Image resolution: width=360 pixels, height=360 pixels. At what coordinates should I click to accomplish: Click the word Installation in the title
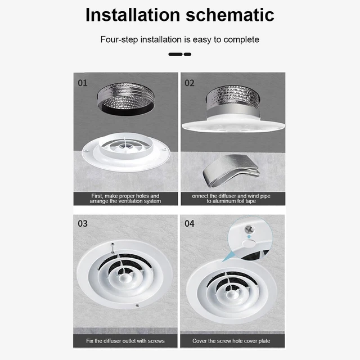[132, 15]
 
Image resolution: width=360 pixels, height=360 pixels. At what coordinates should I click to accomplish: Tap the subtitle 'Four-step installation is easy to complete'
[179, 39]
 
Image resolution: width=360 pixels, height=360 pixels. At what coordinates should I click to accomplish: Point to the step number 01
[83, 83]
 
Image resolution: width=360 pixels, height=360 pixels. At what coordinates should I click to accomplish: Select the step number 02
[190, 83]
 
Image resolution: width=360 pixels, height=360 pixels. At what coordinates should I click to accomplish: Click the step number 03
[83, 223]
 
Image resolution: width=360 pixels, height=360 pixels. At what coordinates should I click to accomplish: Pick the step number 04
[190, 223]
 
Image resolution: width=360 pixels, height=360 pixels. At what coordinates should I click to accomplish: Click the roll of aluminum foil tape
[231, 169]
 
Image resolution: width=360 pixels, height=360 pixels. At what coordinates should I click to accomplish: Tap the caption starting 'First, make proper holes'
[125, 199]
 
